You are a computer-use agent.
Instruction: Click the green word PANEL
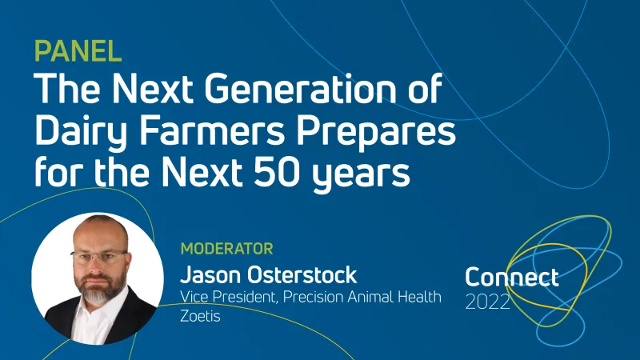tap(78, 50)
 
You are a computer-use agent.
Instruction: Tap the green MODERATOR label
tap(227, 249)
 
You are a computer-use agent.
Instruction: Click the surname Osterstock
tap(305, 275)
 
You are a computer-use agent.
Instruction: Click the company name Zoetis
tap(200, 316)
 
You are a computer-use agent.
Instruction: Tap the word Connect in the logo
tap(511, 278)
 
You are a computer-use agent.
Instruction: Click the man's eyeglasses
tap(99, 258)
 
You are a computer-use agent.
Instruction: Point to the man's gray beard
tap(98, 288)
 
